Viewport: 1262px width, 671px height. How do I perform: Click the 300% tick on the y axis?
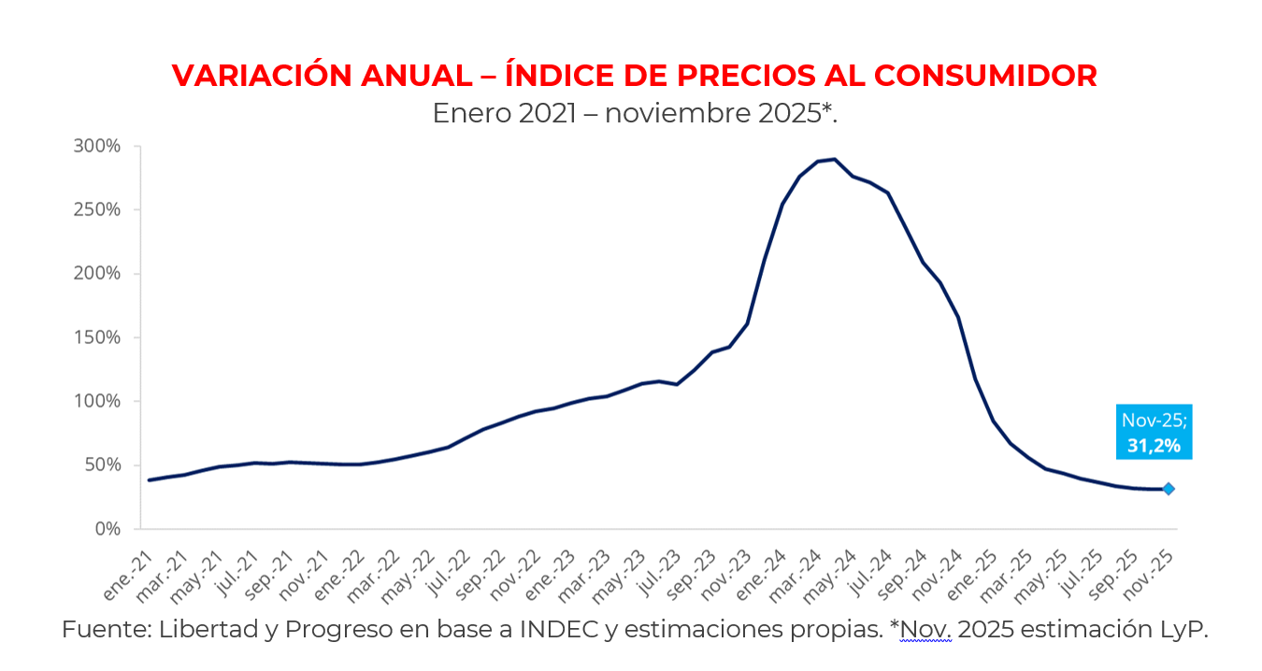tap(97, 147)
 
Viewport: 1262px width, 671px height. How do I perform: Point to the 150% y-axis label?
tap(97, 337)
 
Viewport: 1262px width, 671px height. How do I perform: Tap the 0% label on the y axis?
tap(108, 529)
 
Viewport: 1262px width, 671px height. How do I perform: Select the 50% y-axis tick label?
tap(102, 465)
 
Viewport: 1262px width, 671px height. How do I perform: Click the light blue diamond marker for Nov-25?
tap(1169, 489)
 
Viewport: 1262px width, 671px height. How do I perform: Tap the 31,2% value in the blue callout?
tap(1154, 446)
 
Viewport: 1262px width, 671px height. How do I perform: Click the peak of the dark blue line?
tap(834, 159)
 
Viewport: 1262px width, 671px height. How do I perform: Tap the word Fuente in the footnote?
tap(105, 629)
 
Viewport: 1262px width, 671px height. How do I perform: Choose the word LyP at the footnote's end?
tap(1185, 629)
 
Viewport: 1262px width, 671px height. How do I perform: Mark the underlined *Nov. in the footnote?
tap(923, 629)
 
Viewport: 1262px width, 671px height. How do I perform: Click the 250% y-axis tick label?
tap(97, 210)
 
